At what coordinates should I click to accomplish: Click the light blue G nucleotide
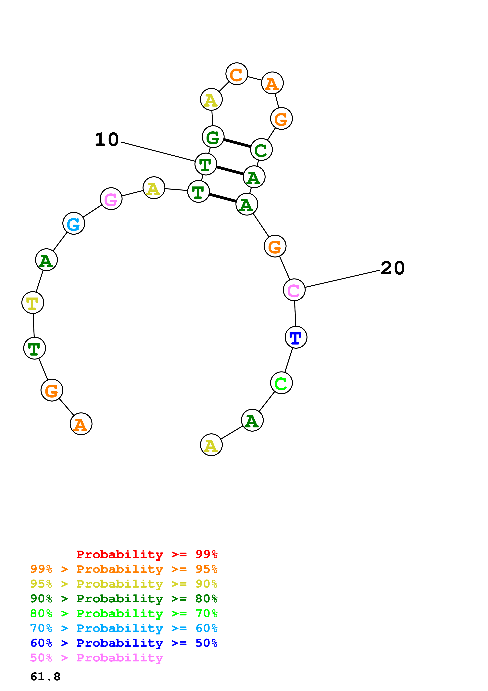pyautogui.click(x=74, y=223)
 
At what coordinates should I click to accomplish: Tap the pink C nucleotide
pyautogui.click(x=294, y=290)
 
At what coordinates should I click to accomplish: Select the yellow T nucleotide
pyautogui.click(x=33, y=303)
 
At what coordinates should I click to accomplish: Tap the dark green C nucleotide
pyautogui.click(x=261, y=150)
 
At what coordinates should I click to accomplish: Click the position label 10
pyautogui.click(x=107, y=140)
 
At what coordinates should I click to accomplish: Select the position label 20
pyautogui.click(x=392, y=268)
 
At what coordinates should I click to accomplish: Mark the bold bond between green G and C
pyautogui.click(x=237, y=143)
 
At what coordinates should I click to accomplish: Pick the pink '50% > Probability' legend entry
pyautogui.click(x=96, y=658)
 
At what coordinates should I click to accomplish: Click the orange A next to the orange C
pyautogui.click(x=272, y=83)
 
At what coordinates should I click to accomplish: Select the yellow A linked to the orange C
pyautogui.click(x=211, y=99)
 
